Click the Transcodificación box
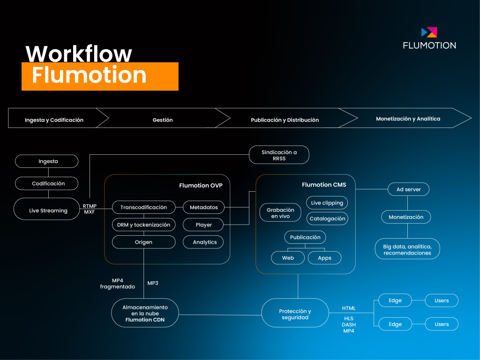coord(143,207)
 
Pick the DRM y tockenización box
coord(143,225)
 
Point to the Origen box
coord(143,242)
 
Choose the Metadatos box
coord(203,207)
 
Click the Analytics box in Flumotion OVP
coord(204,242)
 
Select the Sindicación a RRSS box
coord(279,155)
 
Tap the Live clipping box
coord(327,202)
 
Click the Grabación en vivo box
coord(280,213)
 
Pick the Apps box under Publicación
coord(324,258)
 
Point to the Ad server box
coord(408,189)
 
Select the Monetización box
coord(406,217)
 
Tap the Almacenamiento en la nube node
coord(145,313)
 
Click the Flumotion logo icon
coord(429,32)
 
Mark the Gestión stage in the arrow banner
coord(162,120)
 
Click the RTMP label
coord(90,206)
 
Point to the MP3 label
coord(153,283)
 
